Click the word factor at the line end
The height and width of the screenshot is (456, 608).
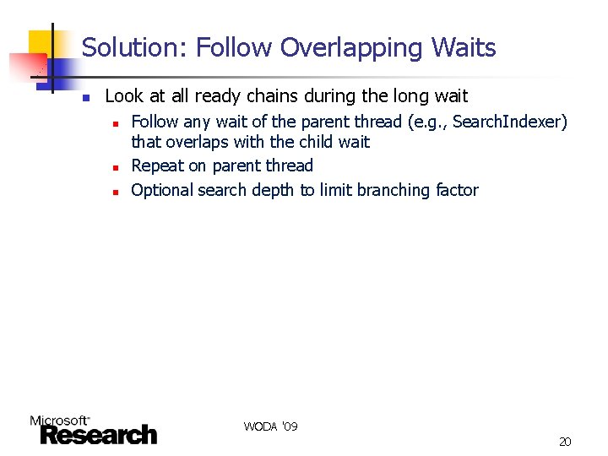(457, 190)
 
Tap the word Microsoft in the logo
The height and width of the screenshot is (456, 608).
(59, 421)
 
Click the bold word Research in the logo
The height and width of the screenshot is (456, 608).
(98, 435)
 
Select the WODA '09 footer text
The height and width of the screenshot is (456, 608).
(270, 426)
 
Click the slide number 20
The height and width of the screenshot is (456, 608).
(565, 442)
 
